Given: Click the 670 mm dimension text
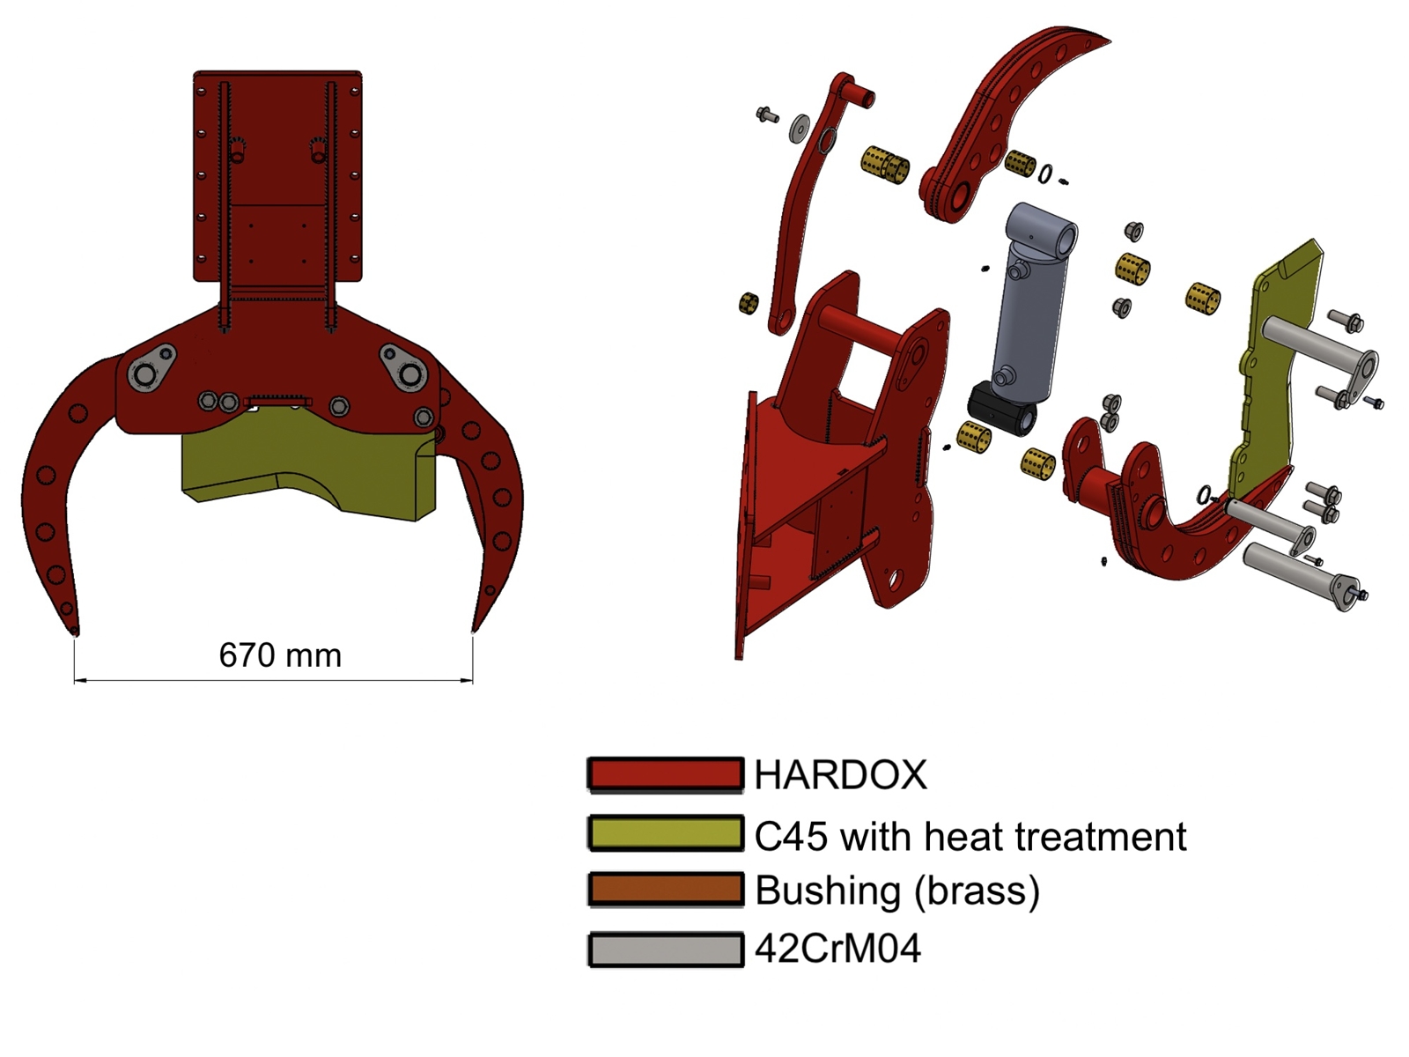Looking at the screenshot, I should coord(280,655).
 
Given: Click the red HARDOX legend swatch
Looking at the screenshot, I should coord(666,774).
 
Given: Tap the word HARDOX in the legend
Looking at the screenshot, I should coord(840,775).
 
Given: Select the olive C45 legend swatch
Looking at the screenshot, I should coord(666,833).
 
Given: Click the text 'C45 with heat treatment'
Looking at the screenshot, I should coord(970,836).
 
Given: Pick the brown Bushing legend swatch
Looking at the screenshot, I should coord(666,890).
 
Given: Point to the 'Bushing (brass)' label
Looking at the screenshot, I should coord(896,891).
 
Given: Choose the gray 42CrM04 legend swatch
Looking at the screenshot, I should coord(666,949).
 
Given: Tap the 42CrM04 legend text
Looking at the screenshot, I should coord(837,949).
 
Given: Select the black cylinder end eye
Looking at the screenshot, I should coord(1001,409).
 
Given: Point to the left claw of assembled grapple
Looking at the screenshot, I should coord(62,493).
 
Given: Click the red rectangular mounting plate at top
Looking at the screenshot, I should coord(277,176).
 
